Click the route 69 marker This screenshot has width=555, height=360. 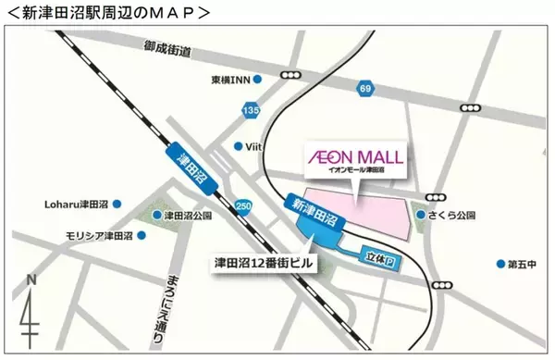[364, 87]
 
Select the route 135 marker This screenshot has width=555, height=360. [250, 111]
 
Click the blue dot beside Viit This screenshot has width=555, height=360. [239, 146]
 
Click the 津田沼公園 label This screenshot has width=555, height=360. [188, 216]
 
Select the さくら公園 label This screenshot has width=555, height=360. [452, 215]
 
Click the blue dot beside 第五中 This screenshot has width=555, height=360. [500, 263]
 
